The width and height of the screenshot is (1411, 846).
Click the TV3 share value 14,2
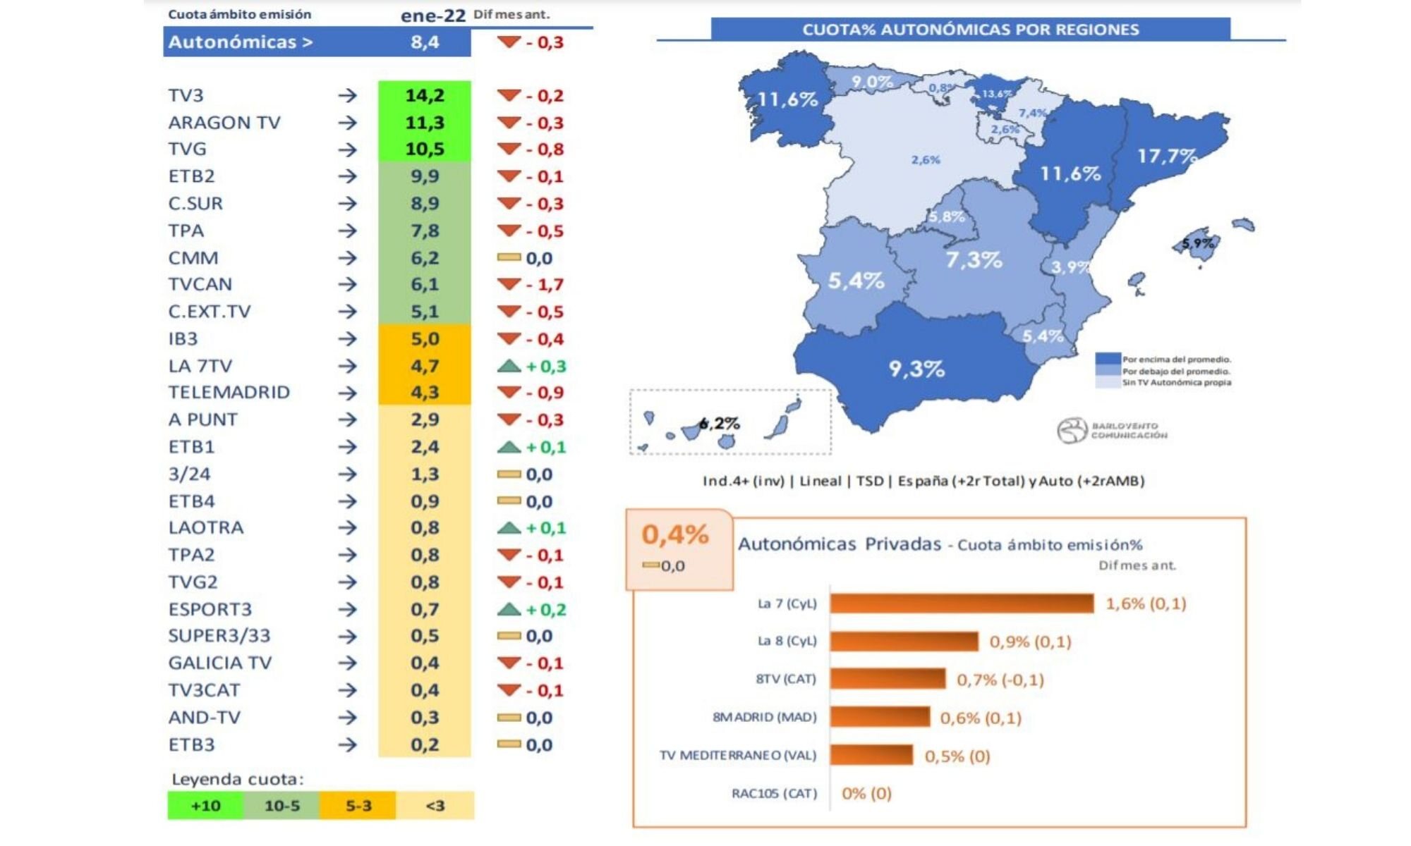(x=424, y=95)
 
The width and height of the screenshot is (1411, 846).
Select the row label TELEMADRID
(x=229, y=392)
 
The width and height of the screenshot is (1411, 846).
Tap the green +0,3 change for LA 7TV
(x=545, y=366)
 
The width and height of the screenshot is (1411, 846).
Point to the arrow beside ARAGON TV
(x=347, y=123)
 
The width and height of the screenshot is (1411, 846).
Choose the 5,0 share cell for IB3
(x=424, y=339)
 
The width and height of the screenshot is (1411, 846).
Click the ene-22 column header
(x=432, y=16)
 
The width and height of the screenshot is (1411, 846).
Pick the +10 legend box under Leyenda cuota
(x=205, y=805)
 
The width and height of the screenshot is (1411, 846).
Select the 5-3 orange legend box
(x=358, y=805)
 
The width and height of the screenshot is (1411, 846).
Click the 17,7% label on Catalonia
(x=1166, y=155)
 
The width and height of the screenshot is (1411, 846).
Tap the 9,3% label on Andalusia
(x=916, y=368)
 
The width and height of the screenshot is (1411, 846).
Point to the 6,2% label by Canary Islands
(x=720, y=423)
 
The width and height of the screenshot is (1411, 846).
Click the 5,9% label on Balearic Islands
(x=1198, y=243)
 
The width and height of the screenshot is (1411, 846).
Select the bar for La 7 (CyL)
(x=961, y=603)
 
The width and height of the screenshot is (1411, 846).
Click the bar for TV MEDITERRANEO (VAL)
(x=871, y=755)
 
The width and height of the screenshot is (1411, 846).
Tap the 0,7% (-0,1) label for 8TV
(x=1000, y=680)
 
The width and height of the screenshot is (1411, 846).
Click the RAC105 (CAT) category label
(x=774, y=793)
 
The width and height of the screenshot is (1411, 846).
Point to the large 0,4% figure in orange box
(x=674, y=534)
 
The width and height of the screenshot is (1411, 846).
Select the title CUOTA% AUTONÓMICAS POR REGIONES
(x=970, y=30)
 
